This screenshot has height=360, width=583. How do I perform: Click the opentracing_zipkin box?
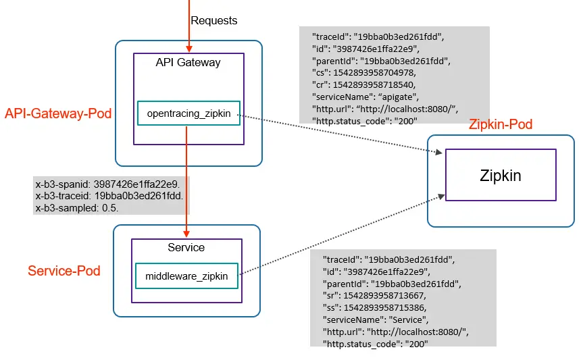(x=188, y=113)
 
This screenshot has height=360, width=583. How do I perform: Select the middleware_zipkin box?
(x=186, y=276)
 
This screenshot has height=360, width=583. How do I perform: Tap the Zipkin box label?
(x=501, y=175)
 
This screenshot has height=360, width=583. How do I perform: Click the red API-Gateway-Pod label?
(x=58, y=113)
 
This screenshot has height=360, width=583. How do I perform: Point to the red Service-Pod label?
(x=64, y=271)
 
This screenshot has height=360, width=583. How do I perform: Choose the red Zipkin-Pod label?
(x=501, y=124)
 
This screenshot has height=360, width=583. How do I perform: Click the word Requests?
(x=213, y=20)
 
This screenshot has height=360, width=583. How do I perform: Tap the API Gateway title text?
(x=188, y=62)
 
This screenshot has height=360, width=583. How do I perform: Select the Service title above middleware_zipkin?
(x=186, y=247)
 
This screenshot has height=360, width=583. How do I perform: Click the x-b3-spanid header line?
(x=108, y=184)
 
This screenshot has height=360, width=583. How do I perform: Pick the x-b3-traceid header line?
(x=109, y=196)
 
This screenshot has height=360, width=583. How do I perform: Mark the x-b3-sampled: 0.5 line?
(x=77, y=208)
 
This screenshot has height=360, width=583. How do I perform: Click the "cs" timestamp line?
(x=364, y=72)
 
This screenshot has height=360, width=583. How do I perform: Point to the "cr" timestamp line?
(x=363, y=85)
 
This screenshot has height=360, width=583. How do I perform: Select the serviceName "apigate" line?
(x=365, y=97)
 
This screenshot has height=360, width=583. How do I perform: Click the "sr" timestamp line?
(x=374, y=296)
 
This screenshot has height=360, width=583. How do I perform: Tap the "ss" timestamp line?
(x=374, y=307)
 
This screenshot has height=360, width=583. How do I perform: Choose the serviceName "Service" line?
(x=376, y=320)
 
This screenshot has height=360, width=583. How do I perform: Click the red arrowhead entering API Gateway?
(x=189, y=49)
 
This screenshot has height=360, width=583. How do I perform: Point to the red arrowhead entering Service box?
(x=186, y=234)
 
